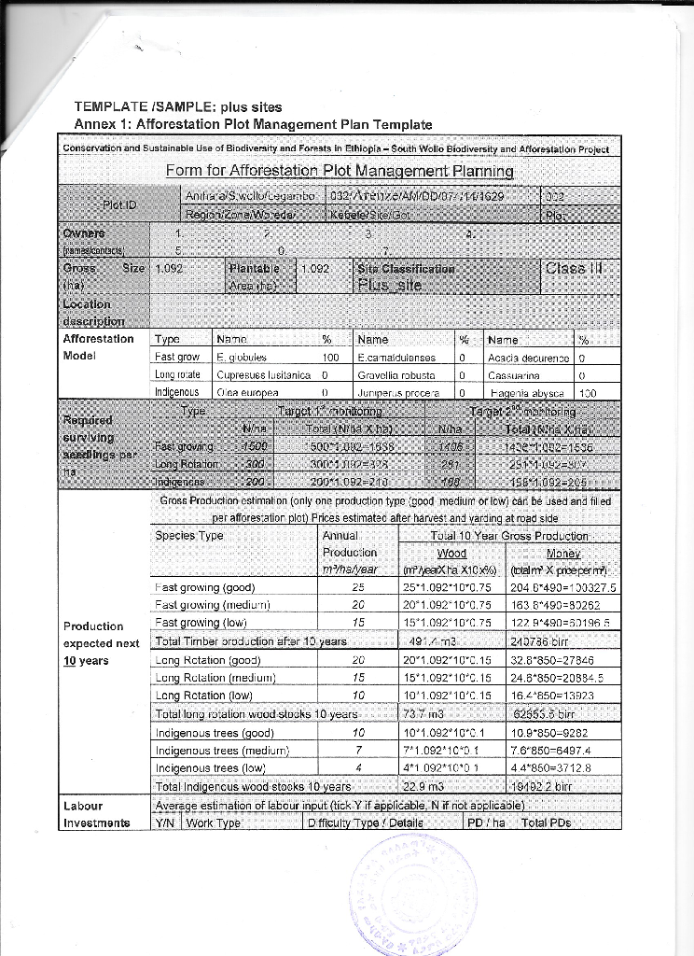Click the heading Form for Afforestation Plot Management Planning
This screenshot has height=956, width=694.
pos(340,171)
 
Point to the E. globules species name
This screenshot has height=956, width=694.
pos(242,358)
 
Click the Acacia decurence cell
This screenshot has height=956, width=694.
pos(528,358)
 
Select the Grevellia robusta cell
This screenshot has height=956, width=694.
pos(396,375)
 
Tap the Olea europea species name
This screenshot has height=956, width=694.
pos(242,393)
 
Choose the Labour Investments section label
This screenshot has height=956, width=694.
pos(97,813)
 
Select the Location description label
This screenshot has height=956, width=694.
pos(87,311)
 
